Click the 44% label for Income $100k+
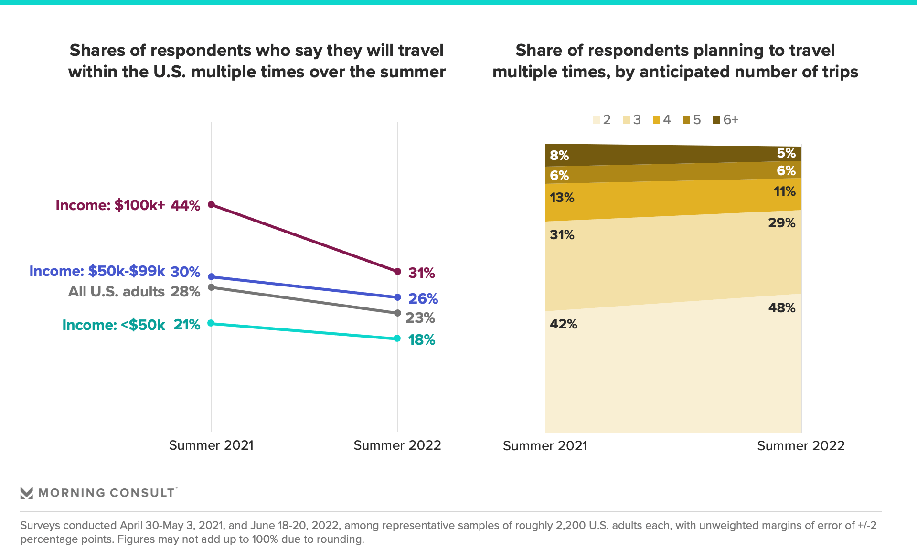pos(185,205)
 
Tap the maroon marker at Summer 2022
pos(397,272)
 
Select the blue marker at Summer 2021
pos(212,277)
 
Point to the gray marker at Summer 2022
pos(397,313)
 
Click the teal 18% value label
pos(421,340)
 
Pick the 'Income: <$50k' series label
pos(114,325)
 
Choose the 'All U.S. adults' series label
pos(117,292)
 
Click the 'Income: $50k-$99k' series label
pos(97,271)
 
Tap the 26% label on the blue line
pos(423,299)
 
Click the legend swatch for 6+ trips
pos(716,120)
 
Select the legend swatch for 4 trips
pos(656,120)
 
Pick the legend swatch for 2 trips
pos(596,120)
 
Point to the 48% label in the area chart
pos(781,308)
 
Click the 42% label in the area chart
pos(564,324)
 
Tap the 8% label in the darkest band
pos(559,156)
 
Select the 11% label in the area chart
pos(784,192)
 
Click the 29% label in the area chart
pos(781,223)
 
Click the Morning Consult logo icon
pos(27,493)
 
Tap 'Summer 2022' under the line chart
pos(397,445)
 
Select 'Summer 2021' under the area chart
pos(545,446)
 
